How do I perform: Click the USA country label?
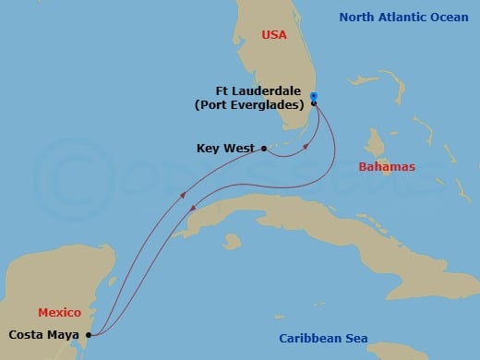click(274, 35)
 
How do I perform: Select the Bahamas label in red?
click(387, 166)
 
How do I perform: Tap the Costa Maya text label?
click(45, 334)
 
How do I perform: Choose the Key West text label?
click(226, 148)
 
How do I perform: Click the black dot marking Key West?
click(265, 148)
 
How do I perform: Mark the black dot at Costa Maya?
click(89, 334)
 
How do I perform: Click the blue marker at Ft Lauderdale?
click(314, 96)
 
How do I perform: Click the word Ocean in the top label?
click(451, 17)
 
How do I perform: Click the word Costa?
click(28, 334)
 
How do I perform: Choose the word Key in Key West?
click(209, 148)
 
